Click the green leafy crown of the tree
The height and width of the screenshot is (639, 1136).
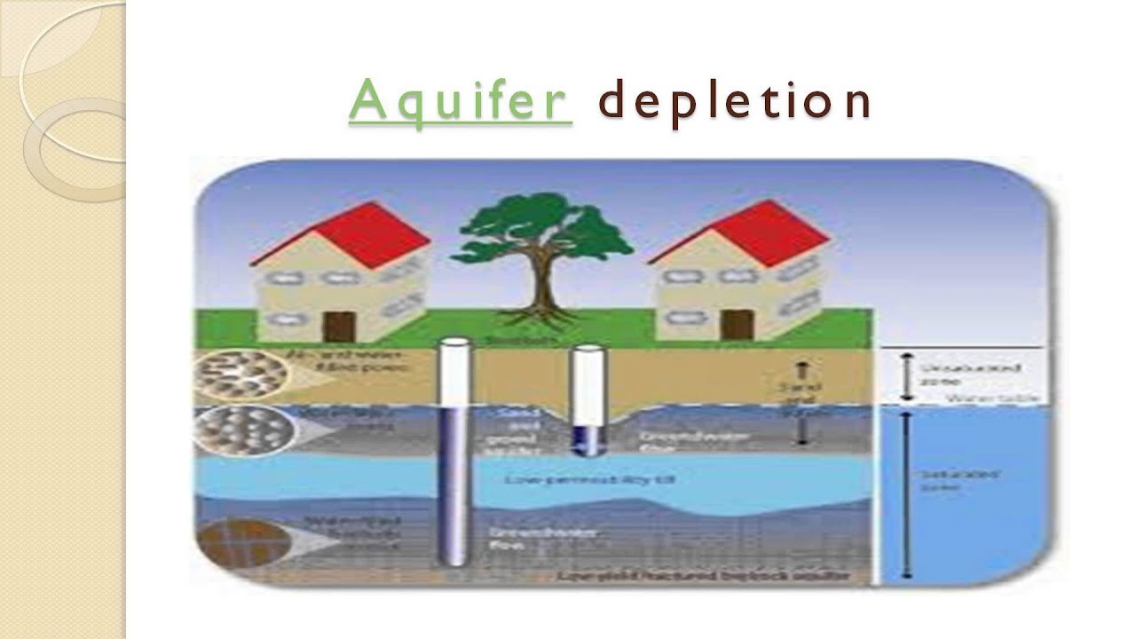[542, 227]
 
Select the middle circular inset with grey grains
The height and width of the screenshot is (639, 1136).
[241, 430]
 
